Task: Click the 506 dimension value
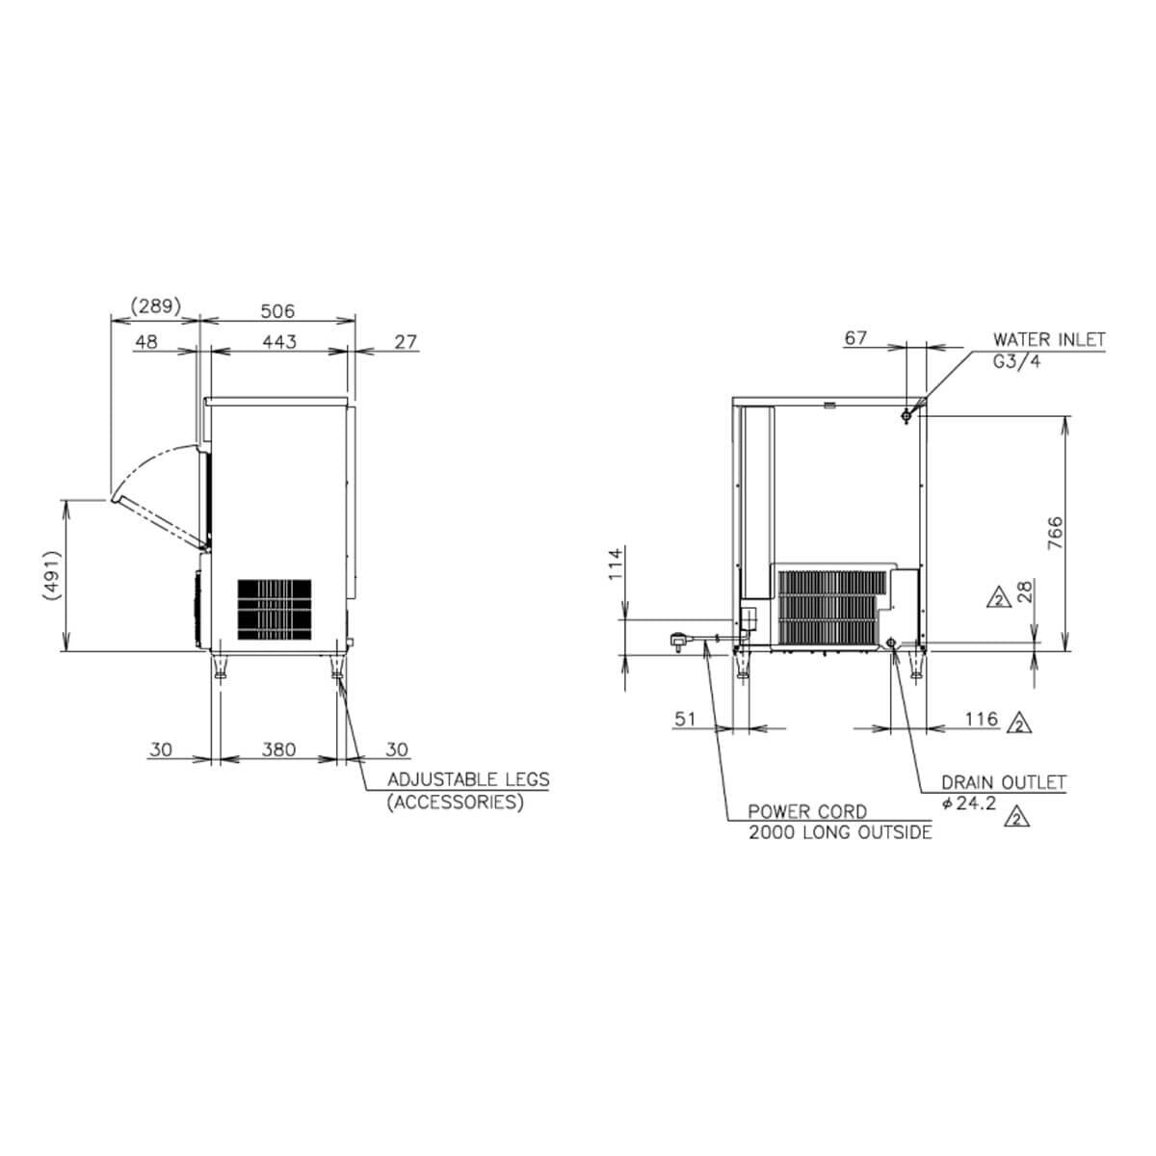[x=277, y=311]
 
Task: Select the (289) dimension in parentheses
[x=156, y=306]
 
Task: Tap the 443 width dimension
[x=279, y=341]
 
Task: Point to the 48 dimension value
[x=146, y=341]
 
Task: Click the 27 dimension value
[x=406, y=341]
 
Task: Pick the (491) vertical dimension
[x=53, y=575]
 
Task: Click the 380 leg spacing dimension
[x=279, y=749]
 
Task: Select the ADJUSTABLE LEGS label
[x=468, y=779]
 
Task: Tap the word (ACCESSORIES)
[x=456, y=802]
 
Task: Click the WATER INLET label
[x=1049, y=339]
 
